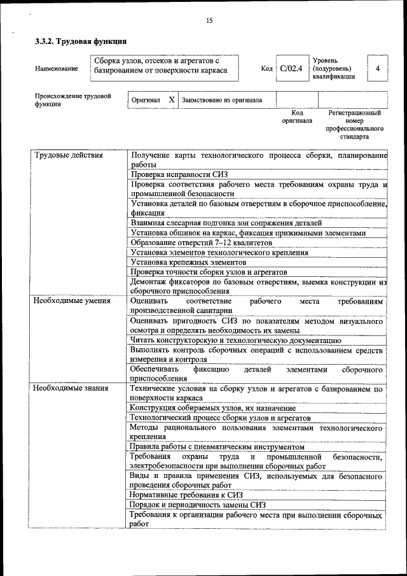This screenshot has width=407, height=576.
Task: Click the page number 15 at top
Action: (209, 21)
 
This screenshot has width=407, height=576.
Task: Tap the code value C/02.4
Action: (291, 68)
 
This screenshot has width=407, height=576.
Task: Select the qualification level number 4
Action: (378, 68)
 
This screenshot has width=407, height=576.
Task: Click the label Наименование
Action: (57, 69)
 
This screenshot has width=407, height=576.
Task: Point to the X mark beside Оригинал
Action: (171, 100)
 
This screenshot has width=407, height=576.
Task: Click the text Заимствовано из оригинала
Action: (221, 100)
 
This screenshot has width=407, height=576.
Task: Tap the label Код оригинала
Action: (297, 116)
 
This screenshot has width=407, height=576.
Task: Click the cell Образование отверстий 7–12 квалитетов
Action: (201, 242)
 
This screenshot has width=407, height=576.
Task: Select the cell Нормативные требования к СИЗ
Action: (186, 495)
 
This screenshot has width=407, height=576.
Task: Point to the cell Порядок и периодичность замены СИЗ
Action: (198, 505)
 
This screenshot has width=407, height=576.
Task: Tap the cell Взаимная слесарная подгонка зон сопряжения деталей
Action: (226, 223)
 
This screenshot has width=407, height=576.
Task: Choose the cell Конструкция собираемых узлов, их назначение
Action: (213, 407)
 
